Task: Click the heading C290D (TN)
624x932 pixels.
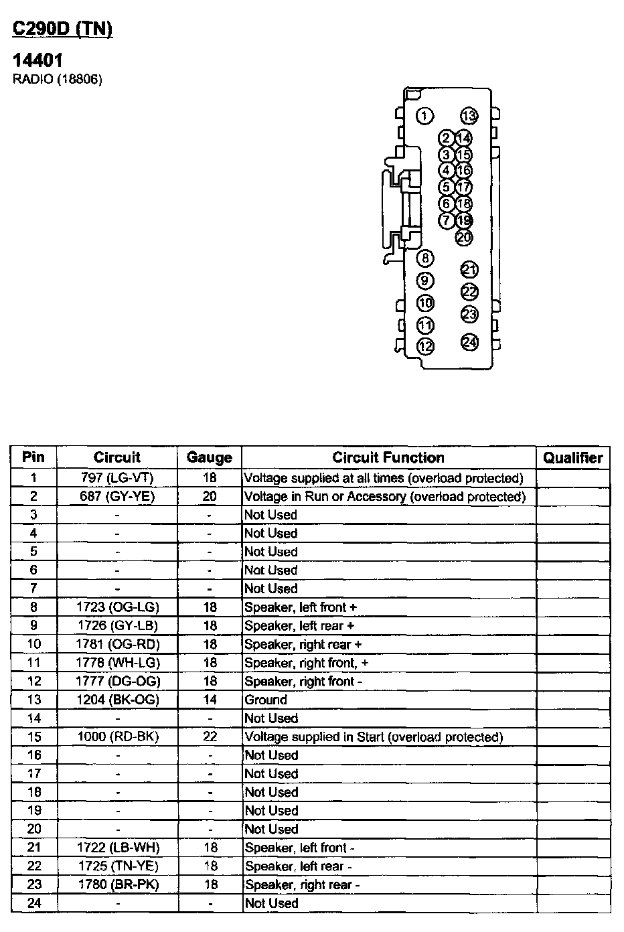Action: [x=62, y=29]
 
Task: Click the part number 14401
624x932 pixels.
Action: [x=38, y=62]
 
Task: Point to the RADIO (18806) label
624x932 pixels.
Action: [x=58, y=80]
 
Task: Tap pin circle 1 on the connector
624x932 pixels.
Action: [x=424, y=116]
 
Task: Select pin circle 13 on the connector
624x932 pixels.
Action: [x=469, y=116]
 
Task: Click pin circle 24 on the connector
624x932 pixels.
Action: [x=470, y=342]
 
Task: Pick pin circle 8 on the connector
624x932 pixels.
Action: [x=425, y=258]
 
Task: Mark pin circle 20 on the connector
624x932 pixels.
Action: [x=464, y=237]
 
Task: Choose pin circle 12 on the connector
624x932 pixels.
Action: [x=425, y=346]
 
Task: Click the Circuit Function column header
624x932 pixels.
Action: [x=388, y=458]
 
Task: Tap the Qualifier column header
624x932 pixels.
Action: [x=572, y=458]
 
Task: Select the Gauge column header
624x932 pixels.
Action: [x=210, y=458]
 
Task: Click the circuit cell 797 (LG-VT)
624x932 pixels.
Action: [x=117, y=478]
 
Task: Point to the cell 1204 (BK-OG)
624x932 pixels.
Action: [x=117, y=700]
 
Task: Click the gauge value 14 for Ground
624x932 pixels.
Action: [x=210, y=700]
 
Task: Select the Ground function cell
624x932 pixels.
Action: [x=266, y=700]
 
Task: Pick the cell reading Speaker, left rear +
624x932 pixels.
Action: [x=299, y=626]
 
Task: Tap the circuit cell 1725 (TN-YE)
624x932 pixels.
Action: [x=117, y=866]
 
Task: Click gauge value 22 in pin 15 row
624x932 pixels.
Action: [x=210, y=736]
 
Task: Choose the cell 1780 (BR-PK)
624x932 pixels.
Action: [x=117, y=884]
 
